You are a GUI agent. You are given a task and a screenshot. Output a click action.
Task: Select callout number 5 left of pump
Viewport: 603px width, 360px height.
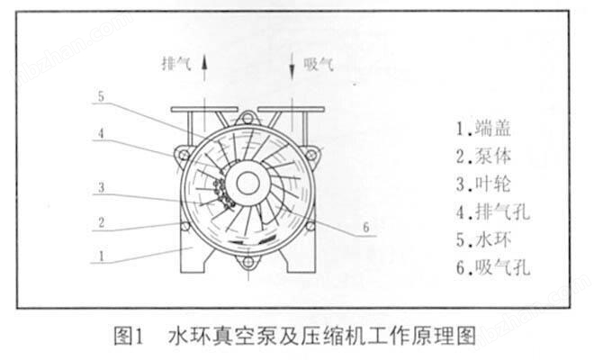(x=102, y=97)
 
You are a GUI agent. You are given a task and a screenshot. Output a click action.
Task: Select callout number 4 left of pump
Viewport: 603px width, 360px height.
(x=102, y=131)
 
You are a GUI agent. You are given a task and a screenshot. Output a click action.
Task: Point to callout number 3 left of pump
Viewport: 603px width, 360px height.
(x=102, y=189)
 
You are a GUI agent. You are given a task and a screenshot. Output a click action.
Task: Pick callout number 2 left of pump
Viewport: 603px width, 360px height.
(x=102, y=220)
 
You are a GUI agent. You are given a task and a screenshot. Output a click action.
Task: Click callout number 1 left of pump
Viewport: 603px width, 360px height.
(x=102, y=255)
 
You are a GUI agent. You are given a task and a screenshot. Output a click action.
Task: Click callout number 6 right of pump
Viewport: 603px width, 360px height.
(x=366, y=228)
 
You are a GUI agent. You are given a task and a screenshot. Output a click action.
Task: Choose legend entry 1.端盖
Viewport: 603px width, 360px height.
(x=487, y=129)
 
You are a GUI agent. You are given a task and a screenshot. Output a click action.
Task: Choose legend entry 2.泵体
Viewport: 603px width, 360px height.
(x=487, y=157)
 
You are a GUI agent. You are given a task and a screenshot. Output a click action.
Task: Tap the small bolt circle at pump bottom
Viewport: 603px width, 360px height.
(x=248, y=265)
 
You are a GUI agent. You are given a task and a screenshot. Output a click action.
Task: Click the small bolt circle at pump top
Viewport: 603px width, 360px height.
(x=248, y=117)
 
